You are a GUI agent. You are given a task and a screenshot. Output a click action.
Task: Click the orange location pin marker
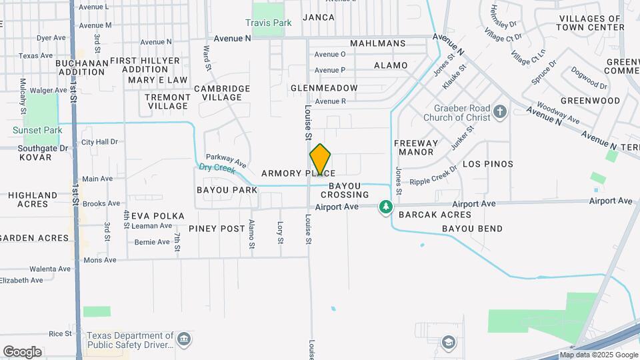tap(320, 160)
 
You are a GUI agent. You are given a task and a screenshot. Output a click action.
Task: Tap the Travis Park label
tap(269, 23)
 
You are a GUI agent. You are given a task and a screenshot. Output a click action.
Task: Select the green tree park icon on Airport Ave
tap(385, 207)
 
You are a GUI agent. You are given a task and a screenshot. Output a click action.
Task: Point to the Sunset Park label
tap(37, 130)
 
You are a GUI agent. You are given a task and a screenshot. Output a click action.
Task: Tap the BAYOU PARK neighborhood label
tap(227, 190)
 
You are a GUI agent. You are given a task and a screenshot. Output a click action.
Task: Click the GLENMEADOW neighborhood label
tap(324, 88)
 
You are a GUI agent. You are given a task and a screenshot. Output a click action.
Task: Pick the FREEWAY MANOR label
tap(416, 147)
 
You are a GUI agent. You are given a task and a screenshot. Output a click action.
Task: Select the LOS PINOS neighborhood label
tap(488, 164)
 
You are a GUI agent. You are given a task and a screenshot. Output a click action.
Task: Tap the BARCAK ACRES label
tap(435, 215)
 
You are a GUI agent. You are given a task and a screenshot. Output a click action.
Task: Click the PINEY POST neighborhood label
tap(217, 229)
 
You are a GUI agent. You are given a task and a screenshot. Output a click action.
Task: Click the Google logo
tap(22, 351)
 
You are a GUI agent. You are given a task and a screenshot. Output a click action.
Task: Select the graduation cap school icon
tap(449, 343)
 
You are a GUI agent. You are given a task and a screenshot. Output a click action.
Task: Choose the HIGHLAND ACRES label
tap(33, 199)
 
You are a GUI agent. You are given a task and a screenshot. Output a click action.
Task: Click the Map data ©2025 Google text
tap(598, 355)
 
